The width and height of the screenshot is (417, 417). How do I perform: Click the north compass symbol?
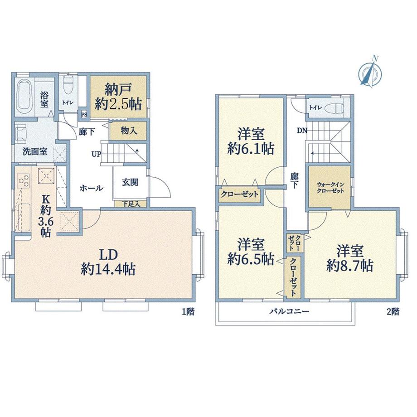click(x=370, y=72)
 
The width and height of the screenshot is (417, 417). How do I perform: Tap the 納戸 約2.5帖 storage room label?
click(x=118, y=97)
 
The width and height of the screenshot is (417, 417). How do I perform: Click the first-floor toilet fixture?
click(x=68, y=85)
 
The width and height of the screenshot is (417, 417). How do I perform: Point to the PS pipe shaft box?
click(x=84, y=115)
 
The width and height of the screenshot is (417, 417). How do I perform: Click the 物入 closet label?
click(x=129, y=131)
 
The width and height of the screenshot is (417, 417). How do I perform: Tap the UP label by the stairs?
click(x=96, y=154)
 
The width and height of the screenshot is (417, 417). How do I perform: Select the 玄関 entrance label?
click(x=130, y=182)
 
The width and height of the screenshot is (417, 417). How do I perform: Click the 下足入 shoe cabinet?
click(x=131, y=204)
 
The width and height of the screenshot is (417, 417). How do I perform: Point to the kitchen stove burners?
click(x=24, y=181)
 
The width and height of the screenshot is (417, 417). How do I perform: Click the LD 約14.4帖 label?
click(x=108, y=262)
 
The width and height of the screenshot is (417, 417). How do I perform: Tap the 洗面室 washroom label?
click(x=35, y=151)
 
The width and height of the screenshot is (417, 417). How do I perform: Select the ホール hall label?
click(x=92, y=188)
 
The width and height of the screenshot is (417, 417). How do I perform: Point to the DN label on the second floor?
click(x=302, y=131)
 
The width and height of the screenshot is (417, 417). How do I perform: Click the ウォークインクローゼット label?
click(x=330, y=188)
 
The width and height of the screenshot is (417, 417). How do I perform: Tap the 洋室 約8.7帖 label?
click(x=350, y=258)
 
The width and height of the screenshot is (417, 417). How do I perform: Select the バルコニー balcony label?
click(x=289, y=311)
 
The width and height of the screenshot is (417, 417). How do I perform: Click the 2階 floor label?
click(x=393, y=311)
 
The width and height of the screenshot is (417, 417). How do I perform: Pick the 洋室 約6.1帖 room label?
click(x=251, y=141)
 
